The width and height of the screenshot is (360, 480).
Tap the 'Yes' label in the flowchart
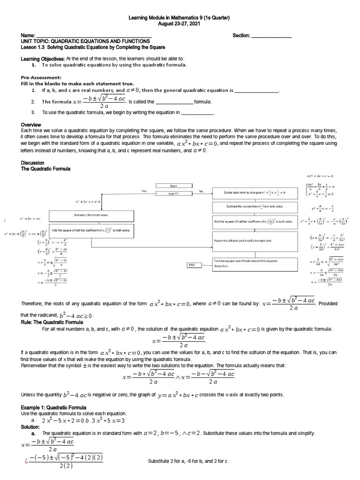pyautogui.click(x=144, y=191)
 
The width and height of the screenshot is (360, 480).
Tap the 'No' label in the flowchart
pyautogui.click(x=201, y=191)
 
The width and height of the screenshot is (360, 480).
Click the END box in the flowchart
pyautogui.click(x=192, y=265)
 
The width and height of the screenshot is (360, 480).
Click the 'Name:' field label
pyautogui.click(x=28, y=36)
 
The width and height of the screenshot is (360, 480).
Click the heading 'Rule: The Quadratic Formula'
pyautogui.click(x=52, y=322)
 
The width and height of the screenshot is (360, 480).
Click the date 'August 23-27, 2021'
pyautogui.click(x=180, y=23)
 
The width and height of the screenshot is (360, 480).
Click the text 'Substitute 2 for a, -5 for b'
pyautogui.click(x=187, y=461)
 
